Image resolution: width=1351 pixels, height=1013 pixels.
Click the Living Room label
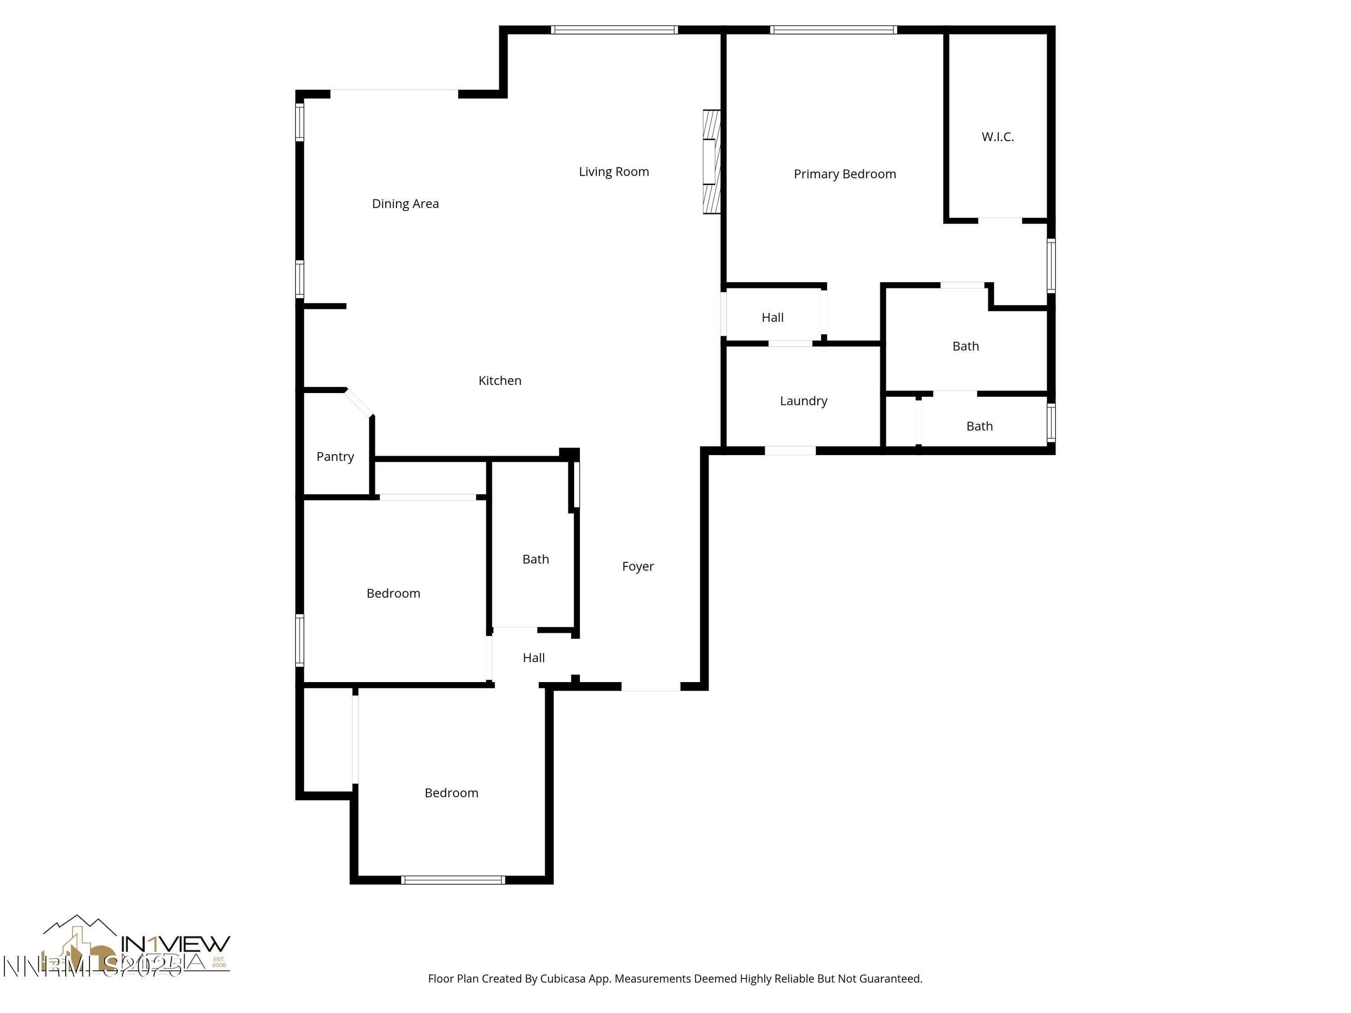click(613, 172)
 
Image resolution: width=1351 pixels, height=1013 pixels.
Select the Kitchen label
click(499, 380)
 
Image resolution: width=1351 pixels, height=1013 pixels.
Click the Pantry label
click(335, 456)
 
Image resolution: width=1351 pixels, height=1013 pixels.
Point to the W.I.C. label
click(997, 137)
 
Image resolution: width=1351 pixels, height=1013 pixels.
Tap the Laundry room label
click(803, 401)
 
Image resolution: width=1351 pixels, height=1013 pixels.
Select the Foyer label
click(638, 566)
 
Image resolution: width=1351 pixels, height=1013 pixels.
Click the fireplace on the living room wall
click(712, 162)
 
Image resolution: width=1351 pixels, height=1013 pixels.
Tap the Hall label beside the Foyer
click(533, 658)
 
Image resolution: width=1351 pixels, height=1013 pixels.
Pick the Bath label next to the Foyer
click(535, 559)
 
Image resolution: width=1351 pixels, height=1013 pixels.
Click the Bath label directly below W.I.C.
click(965, 346)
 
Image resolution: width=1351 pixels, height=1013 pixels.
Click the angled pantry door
click(358, 403)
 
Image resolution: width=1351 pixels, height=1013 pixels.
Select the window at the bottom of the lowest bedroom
click(453, 880)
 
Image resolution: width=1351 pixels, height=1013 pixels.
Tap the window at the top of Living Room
click(614, 30)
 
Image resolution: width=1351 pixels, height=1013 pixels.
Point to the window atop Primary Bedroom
click(833, 30)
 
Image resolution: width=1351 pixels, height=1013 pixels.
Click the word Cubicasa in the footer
click(562, 979)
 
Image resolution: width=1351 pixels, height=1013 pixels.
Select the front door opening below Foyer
click(650, 687)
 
